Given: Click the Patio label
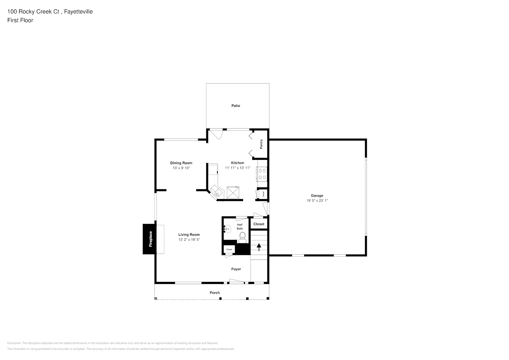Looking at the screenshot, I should click(x=235, y=105).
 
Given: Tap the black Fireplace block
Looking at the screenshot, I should click(x=149, y=239).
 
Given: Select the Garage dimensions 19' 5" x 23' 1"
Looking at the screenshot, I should click(x=317, y=201).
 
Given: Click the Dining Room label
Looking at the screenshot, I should click(x=181, y=163).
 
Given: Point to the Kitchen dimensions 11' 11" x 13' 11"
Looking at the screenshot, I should click(x=238, y=168).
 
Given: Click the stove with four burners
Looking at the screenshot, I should click(x=262, y=174).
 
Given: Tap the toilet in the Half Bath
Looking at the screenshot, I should click(x=242, y=236).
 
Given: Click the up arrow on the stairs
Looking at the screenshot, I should click(x=258, y=247).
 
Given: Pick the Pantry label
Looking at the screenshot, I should click(x=261, y=144).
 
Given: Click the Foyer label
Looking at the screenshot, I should click(x=236, y=269).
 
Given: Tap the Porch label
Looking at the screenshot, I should click(x=215, y=293).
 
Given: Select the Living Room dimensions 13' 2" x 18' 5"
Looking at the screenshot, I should click(x=189, y=240).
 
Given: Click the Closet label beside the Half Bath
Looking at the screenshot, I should click(x=258, y=224).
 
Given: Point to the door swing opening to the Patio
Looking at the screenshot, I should click(x=217, y=134).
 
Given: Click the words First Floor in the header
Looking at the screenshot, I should click(x=20, y=20).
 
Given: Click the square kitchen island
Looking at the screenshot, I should click(x=233, y=193).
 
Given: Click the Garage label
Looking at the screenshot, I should click(x=317, y=196).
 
